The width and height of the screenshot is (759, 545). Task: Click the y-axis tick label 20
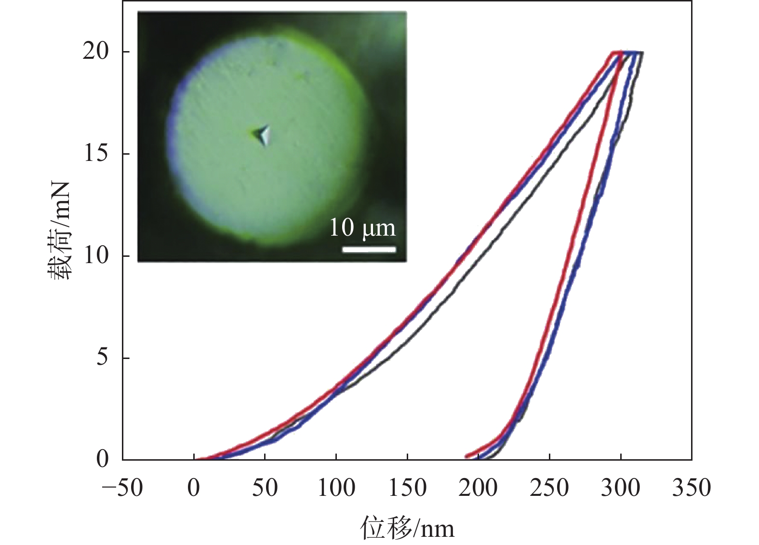[x=95, y=51]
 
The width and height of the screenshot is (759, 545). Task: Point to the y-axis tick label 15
[x=95, y=153]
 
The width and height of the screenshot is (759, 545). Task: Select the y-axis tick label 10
[x=95, y=255]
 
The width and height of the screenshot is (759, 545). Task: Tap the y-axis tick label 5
[x=102, y=358]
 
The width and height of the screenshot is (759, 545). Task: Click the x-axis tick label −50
[x=122, y=488]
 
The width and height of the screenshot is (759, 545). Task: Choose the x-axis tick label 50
[x=265, y=488]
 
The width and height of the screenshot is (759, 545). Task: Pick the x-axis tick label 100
[x=336, y=488]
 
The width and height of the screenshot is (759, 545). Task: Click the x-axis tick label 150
[x=407, y=488]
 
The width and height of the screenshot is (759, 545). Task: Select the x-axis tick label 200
[x=478, y=488]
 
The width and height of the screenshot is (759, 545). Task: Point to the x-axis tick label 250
[x=549, y=488]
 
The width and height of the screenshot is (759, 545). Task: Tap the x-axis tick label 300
[x=621, y=488]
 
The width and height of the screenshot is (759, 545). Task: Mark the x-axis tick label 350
[x=692, y=488]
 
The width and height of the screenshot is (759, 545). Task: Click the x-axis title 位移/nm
[x=407, y=528]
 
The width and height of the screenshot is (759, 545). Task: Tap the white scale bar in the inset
[x=369, y=249]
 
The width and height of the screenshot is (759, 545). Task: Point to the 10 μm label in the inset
[x=362, y=227]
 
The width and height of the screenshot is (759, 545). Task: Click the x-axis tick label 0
[x=194, y=488]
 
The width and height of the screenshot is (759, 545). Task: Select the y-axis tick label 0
[x=102, y=459]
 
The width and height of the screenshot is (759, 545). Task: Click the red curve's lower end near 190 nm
[x=466, y=456]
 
